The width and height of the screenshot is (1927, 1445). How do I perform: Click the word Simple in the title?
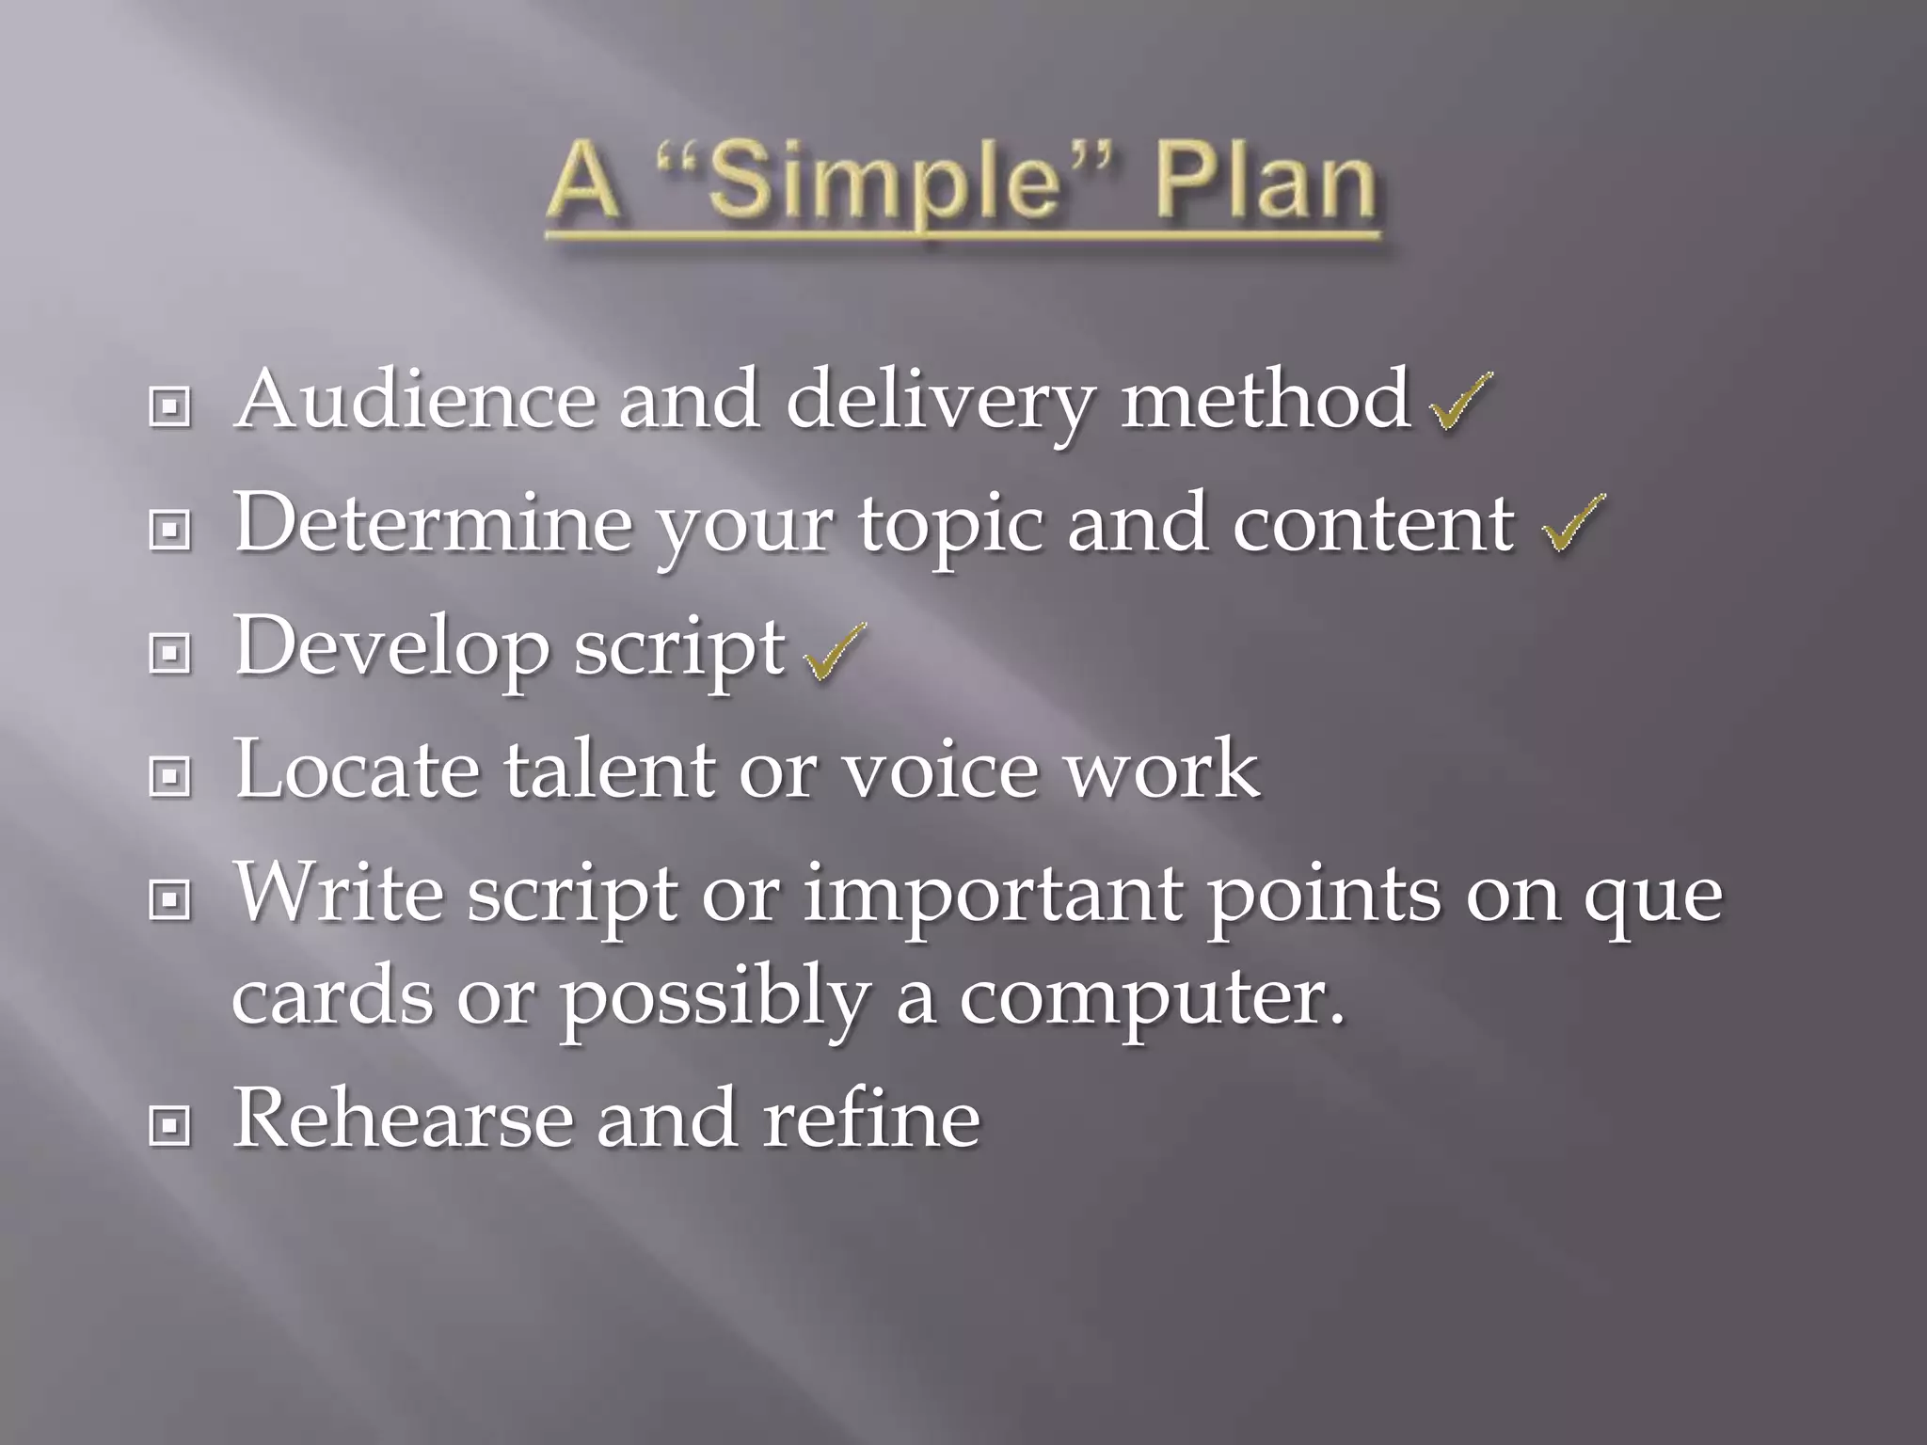(x=881, y=181)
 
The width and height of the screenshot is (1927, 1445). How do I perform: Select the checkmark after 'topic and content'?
(x=1573, y=523)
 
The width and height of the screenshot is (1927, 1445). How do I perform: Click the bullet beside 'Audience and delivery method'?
(x=170, y=406)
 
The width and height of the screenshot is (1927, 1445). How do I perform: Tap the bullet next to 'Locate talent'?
(x=170, y=776)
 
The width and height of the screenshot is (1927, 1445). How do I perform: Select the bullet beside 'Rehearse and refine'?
(x=170, y=1125)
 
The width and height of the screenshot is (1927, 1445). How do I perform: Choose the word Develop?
(x=391, y=649)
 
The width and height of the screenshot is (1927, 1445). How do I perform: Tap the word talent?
(x=609, y=770)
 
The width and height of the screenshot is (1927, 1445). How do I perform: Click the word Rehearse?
(x=403, y=1119)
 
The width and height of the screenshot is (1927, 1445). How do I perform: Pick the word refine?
(x=870, y=1119)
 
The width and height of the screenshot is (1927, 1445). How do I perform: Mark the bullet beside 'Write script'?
(x=170, y=900)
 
